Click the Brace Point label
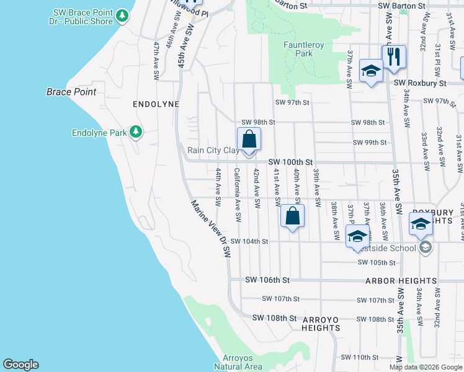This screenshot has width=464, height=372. (71, 92)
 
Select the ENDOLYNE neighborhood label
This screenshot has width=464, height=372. (156, 105)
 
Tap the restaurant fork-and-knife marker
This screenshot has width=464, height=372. (394, 58)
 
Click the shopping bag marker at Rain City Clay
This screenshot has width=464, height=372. (249, 139)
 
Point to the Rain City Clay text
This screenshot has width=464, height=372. (213, 150)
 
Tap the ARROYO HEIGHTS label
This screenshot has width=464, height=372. (321, 320)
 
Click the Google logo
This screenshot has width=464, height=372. (20, 365)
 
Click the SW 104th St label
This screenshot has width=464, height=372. (249, 241)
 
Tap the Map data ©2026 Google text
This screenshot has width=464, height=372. (426, 367)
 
